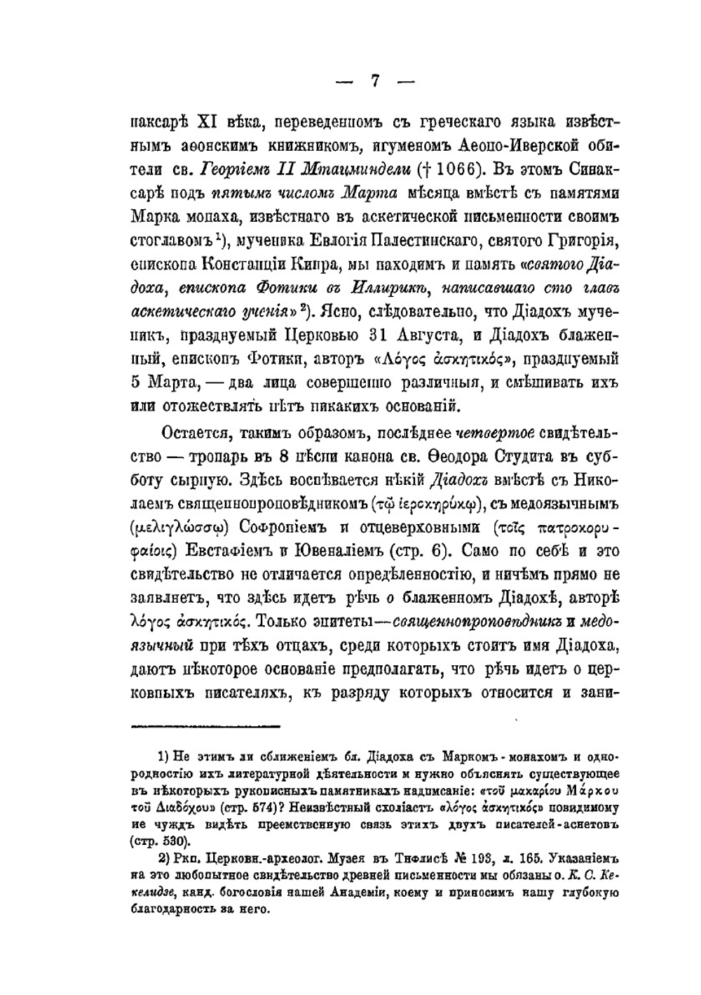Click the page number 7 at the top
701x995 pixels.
pos(375,81)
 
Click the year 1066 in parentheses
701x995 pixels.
pos(456,169)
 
